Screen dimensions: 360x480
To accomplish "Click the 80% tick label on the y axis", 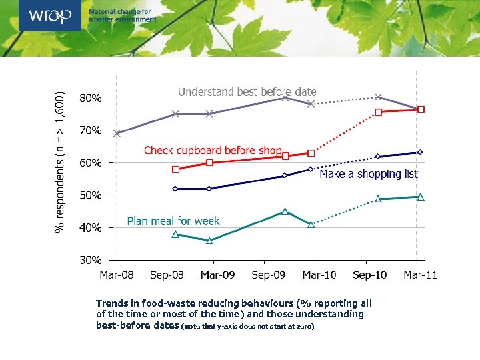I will (91, 97).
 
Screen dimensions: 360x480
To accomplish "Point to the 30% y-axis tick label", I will (91, 260).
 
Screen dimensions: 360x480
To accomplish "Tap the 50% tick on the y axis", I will (91, 195).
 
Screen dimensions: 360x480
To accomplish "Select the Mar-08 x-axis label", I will (116, 275).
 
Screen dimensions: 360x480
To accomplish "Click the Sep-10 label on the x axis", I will (370, 275).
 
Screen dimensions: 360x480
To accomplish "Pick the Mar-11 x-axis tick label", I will (420, 275).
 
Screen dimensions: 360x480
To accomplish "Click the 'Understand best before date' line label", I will (247, 92).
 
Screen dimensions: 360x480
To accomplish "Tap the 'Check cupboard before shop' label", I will (213, 151).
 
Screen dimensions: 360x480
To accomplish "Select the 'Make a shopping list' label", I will (369, 174).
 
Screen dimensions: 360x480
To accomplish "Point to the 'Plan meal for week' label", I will (173, 221).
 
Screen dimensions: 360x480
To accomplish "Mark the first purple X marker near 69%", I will (117, 133).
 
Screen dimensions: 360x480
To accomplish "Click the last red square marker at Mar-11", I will (421, 109).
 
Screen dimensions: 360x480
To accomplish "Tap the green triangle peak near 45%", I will (285, 211).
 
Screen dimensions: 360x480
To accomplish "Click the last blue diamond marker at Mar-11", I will (421, 152).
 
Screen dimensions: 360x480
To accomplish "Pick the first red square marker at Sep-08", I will (176, 169).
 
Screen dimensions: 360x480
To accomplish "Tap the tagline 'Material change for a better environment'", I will (123, 15).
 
